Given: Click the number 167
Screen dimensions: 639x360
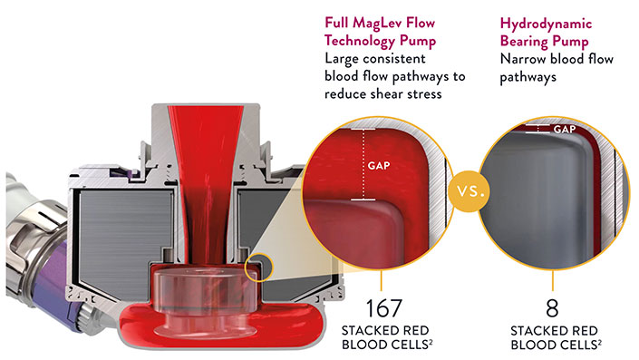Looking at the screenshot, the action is [x=384, y=308].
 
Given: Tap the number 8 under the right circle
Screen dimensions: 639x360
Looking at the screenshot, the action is [x=552, y=308].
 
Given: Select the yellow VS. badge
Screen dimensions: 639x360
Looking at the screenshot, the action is [x=470, y=190].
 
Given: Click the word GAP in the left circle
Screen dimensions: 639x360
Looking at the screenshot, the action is [x=379, y=166].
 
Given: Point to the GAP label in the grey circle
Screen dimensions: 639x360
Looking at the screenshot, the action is [x=565, y=130].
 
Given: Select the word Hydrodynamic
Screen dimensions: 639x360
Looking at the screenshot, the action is [x=546, y=24].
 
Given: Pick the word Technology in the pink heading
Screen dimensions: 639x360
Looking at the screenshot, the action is [x=360, y=41].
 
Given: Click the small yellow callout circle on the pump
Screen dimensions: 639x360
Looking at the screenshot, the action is [x=258, y=268].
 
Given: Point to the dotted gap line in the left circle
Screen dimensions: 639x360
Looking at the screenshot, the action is [x=363, y=164].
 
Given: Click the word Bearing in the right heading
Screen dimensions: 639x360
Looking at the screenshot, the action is [x=524, y=42].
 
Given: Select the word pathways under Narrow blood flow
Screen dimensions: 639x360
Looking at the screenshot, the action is [x=528, y=77].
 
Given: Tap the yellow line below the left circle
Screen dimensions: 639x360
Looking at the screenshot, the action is [x=381, y=279].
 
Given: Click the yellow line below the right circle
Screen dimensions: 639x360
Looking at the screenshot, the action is [x=553, y=279].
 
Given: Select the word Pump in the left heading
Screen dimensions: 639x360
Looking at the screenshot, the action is [x=418, y=41].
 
